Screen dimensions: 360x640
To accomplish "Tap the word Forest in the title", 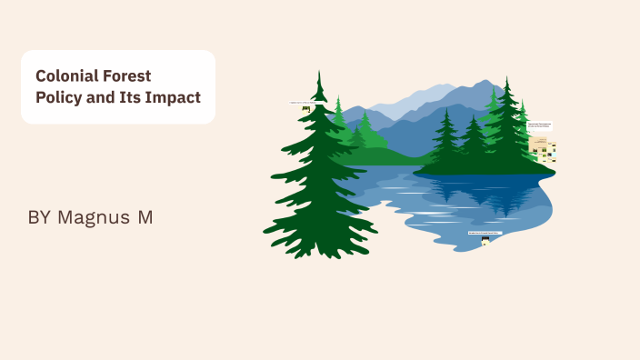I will [126, 76].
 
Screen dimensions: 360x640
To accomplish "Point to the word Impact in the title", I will [175, 97].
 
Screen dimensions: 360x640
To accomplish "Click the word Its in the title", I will [135, 97].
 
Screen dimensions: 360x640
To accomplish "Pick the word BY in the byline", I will [39, 217].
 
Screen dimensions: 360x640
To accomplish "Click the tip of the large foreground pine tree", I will [319, 73].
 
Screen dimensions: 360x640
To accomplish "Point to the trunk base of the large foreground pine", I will [318, 252].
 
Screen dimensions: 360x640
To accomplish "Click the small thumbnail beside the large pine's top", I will [305, 109].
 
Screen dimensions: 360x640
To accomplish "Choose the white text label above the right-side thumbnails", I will [539, 125].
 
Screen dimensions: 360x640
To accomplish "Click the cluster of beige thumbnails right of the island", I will [543, 146].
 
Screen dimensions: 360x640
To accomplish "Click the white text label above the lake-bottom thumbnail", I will [485, 233].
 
